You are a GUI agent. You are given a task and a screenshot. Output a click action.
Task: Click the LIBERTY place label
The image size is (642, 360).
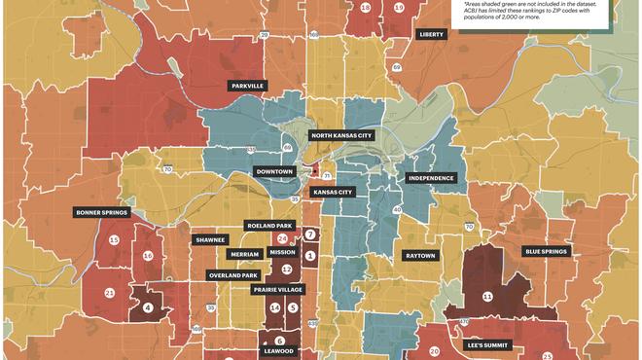point(430,34)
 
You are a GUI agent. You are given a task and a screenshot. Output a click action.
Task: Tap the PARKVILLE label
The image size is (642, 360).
point(248,86)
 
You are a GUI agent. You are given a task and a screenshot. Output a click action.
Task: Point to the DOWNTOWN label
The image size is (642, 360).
point(274,171)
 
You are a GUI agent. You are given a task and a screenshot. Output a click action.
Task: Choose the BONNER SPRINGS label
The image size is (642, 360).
point(100,211)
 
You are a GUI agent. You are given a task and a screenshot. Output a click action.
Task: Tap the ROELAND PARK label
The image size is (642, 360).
point(270,225)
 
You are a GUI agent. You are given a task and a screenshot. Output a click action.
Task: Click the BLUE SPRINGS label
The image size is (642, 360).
point(546,251)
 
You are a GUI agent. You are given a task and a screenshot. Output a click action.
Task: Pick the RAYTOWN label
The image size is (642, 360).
point(420,256)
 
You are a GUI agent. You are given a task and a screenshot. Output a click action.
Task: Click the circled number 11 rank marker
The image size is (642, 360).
point(487,296)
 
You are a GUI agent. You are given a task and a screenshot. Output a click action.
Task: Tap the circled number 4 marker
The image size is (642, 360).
point(148,308)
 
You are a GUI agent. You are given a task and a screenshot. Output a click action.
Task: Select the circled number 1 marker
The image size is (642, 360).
point(310,256)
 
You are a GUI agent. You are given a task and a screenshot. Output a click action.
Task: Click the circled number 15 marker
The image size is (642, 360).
point(115,240)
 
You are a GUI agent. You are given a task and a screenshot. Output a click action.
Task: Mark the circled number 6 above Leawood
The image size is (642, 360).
point(280,341)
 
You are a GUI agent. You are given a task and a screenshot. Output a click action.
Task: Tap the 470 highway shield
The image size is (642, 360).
point(464,323)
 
